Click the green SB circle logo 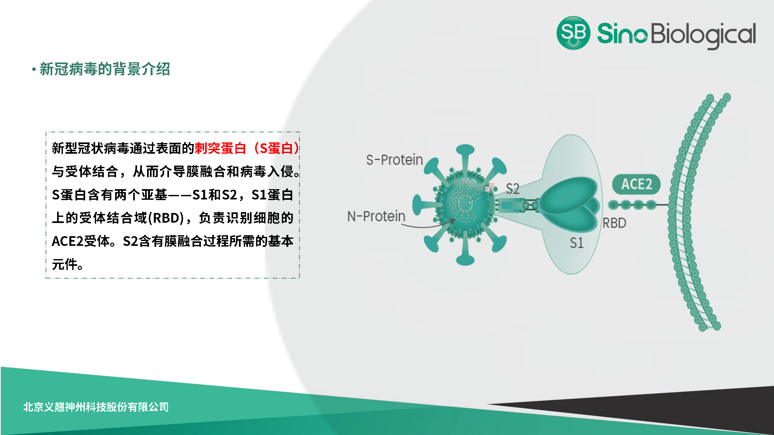pyautogui.click(x=573, y=33)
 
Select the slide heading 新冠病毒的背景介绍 pyautogui.click(x=105, y=69)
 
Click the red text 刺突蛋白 pyautogui.click(x=220, y=148)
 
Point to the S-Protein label pyautogui.click(x=394, y=160)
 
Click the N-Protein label pyautogui.click(x=376, y=216)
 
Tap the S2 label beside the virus pyautogui.click(x=512, y=189)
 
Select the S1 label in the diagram pyautogui.click(x=577, y=243)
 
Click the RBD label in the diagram pyautogui.click(x=614, y=223)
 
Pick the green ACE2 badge pyautogui.click(x=636, y=184)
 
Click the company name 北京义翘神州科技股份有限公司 pyautogui.click(x=96, y=407)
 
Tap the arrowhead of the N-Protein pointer pyautogui.click(x=453, y=221)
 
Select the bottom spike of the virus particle pyautogui.click(x=465, y=258)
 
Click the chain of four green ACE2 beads pyautogui.click(x=632, y=205)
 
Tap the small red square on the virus pyautogui.click(x=490, y=187)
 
